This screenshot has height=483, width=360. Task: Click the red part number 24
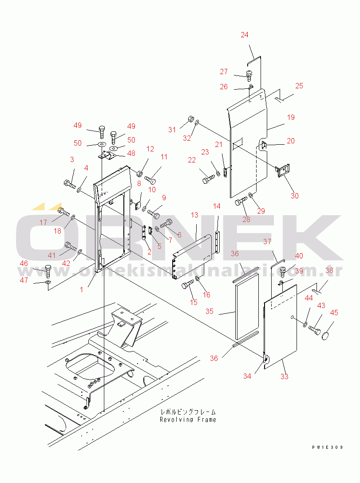pos(245,35)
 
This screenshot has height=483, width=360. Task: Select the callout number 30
pos(294,196)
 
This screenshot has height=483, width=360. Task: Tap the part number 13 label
pos(194,215)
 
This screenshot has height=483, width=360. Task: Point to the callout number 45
pos(334,313)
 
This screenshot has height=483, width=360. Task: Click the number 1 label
pos(82,289)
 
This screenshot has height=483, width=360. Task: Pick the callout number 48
pos(131,153)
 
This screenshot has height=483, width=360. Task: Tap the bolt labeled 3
pos(70,185)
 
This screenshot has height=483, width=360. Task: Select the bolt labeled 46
pos(48,271)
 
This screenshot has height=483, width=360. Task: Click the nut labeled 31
pos(190,119)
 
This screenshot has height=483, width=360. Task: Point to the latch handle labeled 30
pos(283,171)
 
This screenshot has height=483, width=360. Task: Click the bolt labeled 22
pos(208,178)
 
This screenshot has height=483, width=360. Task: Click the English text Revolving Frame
pos(188,420)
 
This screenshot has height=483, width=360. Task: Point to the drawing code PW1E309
pos(328,447)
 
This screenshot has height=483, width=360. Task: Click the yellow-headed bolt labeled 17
pos(63,212)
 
